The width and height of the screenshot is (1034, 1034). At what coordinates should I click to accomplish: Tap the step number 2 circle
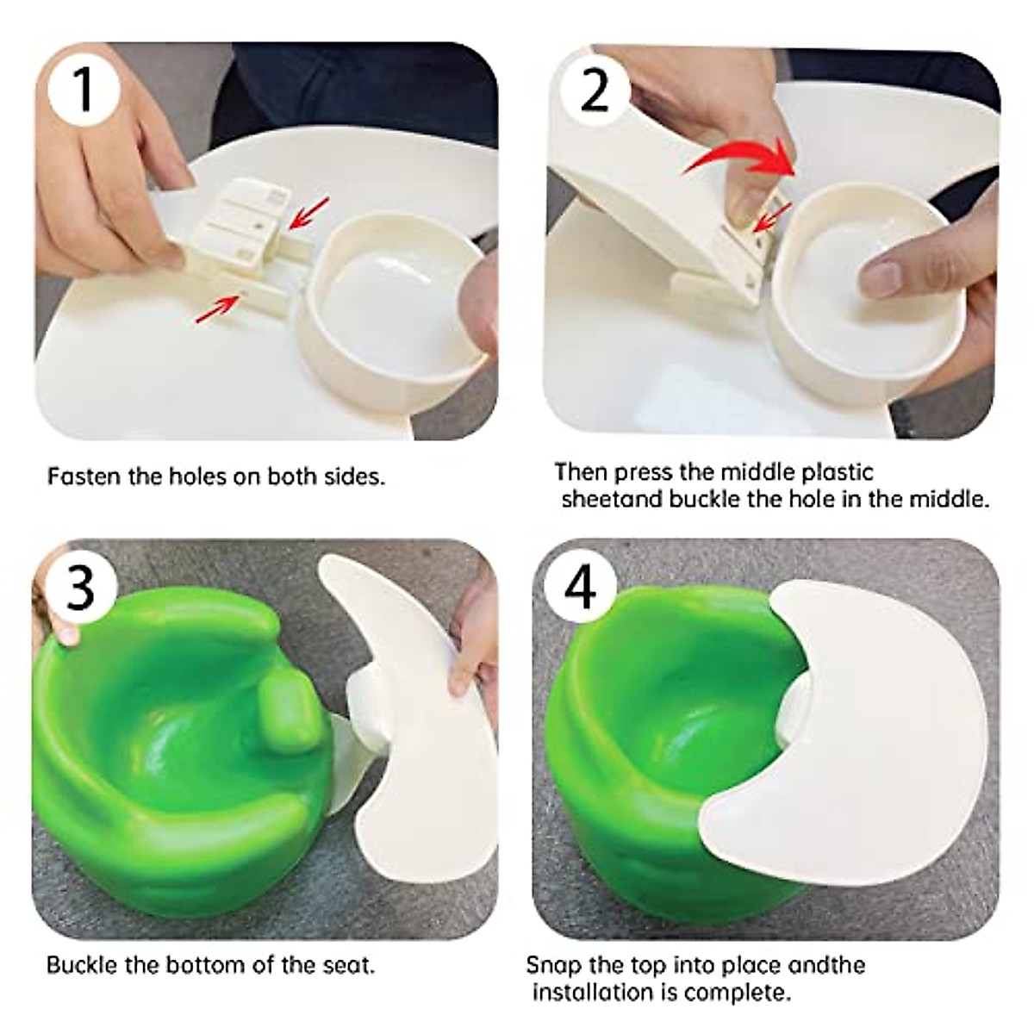[594, 90]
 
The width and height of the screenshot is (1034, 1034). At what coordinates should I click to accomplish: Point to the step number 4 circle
[579, 588]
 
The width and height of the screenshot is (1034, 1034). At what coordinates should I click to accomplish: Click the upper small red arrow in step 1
[308, 214]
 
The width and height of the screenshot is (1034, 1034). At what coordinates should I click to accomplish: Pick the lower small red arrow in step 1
[216, 308]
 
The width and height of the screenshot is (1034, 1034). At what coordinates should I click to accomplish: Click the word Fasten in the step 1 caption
[84, 477]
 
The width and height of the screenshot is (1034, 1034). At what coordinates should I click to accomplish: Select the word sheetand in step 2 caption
[611, 499]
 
